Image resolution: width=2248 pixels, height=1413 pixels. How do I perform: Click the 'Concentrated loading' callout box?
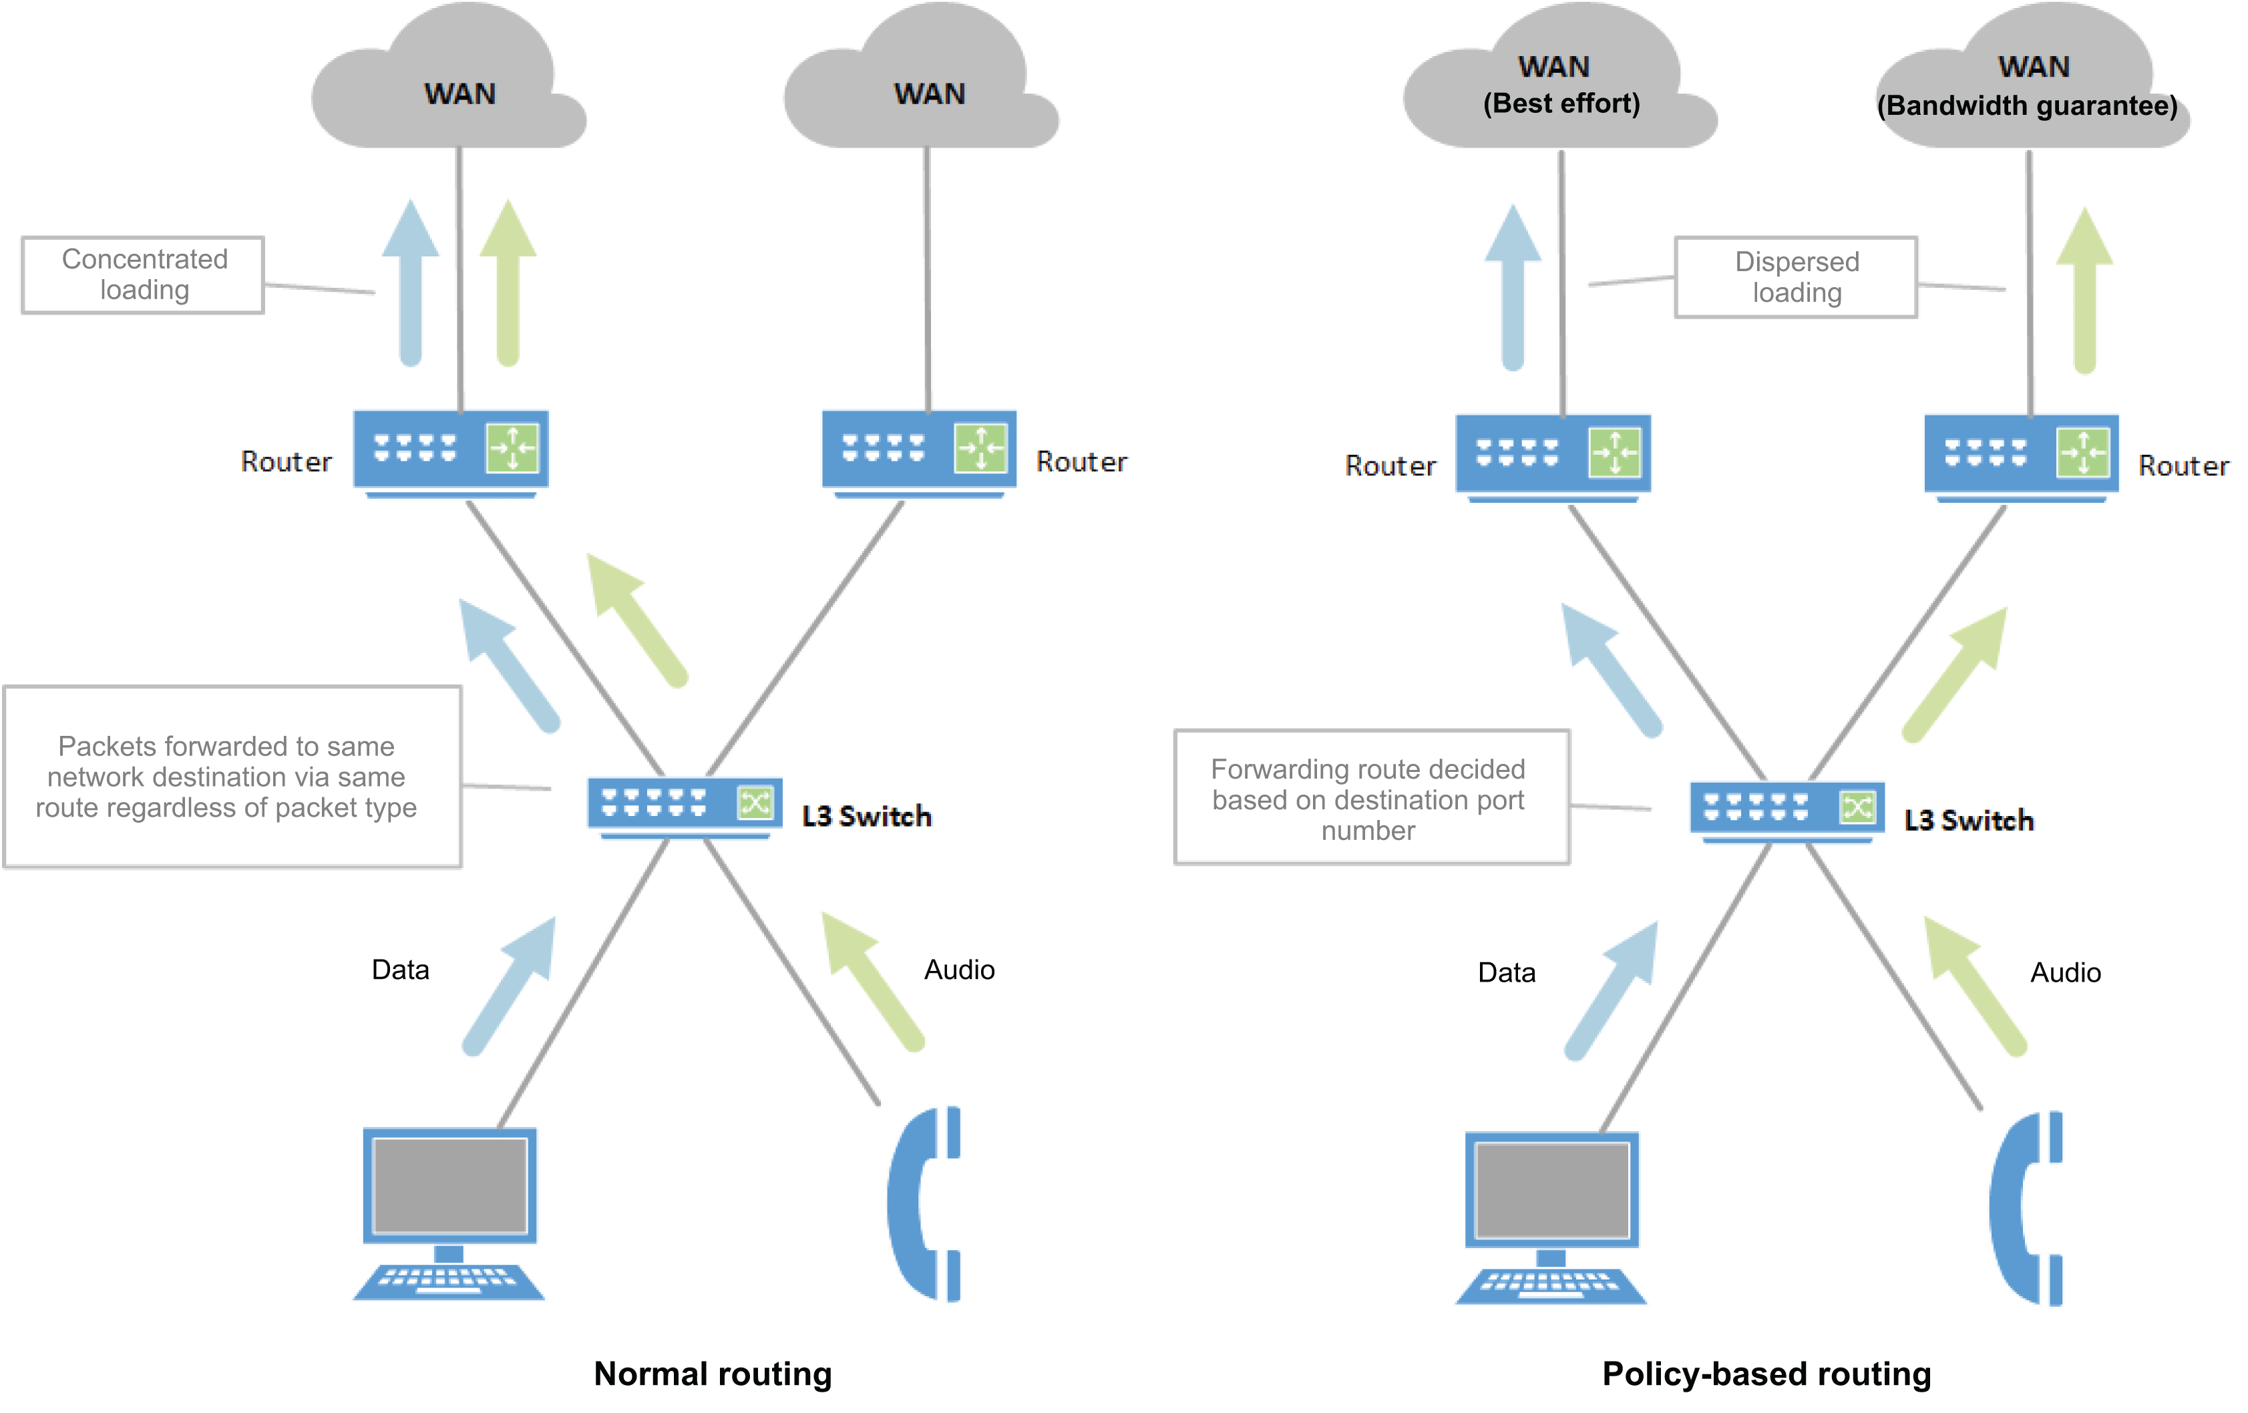click(143, 275)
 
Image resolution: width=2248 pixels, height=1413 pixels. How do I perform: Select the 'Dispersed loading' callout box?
click(1795, 277)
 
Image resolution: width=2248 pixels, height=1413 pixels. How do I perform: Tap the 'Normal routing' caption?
click(713, 1374)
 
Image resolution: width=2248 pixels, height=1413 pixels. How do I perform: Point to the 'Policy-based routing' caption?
click(1766, 1374)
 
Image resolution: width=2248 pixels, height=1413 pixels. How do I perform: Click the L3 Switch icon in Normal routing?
click(685, 805)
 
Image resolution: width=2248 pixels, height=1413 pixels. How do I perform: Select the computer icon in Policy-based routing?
click(1551, 1217)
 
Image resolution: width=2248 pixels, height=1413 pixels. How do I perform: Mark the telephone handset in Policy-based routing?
click(2026, 1209)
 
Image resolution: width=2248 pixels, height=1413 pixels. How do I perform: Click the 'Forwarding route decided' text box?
click(1370, 798)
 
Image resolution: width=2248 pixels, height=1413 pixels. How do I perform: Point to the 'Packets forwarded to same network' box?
click(232, 777)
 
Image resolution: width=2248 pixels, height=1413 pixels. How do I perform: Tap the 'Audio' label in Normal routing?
click(959, 970)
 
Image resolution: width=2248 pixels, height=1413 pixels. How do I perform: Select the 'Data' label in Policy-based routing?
click(1506, 972)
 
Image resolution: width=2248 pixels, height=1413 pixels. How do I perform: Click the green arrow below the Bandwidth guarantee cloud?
click(2084, 289)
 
